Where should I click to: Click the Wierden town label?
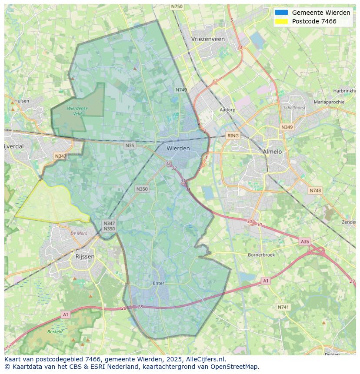pyautogui.click(x=178, y=148)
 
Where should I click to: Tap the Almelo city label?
pyautogui.click(x=272, y=152)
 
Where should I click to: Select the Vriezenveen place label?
pyautogui.click(x=208, y=39)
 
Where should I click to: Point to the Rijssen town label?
pyautogui.click(x=85, y=256)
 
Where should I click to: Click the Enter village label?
pyautogui.click(x=159, y=283)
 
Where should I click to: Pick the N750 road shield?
pyautogui.click(x=177, y=7)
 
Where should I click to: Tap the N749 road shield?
pyautogui.click(x=181, y=90)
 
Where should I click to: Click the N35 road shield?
pyautogui.click(x=130, y=146)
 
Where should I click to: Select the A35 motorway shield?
pyautogui.click(x=305, y=242)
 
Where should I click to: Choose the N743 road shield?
pyautogui.click(x=315, y=191)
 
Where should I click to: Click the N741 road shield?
pyautogui.click(x=283, y=307)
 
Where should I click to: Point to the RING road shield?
pyautogui.click(x=233, y=136)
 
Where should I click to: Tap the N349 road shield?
pyautogui.click(x=287, y=127)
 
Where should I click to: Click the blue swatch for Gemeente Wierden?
pyautogui.click(x=281, y=13)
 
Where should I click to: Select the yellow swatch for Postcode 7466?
pyautogui.click(x=281, y=21)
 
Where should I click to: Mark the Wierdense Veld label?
pyautogui.click(x=77, y=111)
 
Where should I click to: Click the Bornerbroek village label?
pyautogui.click(x=261, y=255)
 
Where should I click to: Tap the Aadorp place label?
pyautogui.click(x=227, y=110)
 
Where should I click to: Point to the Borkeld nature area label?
pyautogui.click(x=55, y=331)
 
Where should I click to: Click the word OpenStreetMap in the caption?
pyautogui.click(x=234, y=367)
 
